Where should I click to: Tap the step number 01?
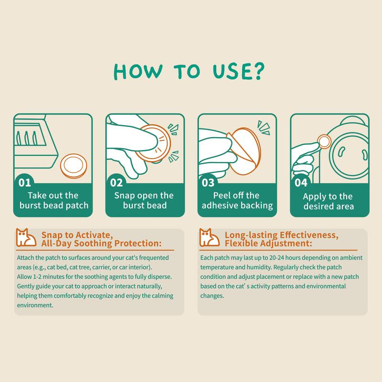[25, 183]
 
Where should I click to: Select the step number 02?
[116, 183]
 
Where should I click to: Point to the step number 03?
[208, 183]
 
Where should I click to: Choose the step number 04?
[301, 183]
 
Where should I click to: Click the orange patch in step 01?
[74, 166]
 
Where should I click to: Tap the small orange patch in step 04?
[324, 142]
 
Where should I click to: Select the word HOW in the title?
[138, 72]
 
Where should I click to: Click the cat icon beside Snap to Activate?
[26, 237]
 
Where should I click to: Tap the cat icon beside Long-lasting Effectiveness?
[209, 237]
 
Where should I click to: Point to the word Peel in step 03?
[221, 195]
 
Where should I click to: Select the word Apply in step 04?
[313, 197]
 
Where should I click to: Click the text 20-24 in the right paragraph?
[276, 258]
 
